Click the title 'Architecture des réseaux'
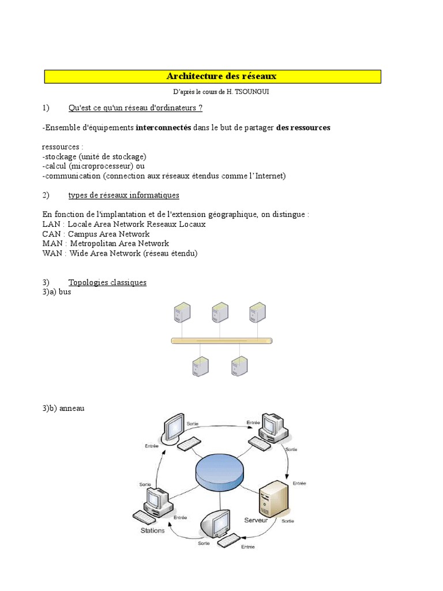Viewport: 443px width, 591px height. [221, 76]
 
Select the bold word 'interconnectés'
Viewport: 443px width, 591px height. [163, 128]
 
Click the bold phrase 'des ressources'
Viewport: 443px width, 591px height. [303, 128]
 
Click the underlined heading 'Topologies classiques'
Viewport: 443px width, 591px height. [107, 283]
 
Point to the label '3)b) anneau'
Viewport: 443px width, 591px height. [63, 409]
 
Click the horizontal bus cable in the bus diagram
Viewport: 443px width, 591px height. [221, 341]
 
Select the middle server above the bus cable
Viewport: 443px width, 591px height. [219, 313]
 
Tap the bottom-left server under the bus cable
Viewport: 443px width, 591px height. [200, 366]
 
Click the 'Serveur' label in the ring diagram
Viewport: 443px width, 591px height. [256, 520]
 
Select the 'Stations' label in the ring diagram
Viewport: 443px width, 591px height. [153, 530]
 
